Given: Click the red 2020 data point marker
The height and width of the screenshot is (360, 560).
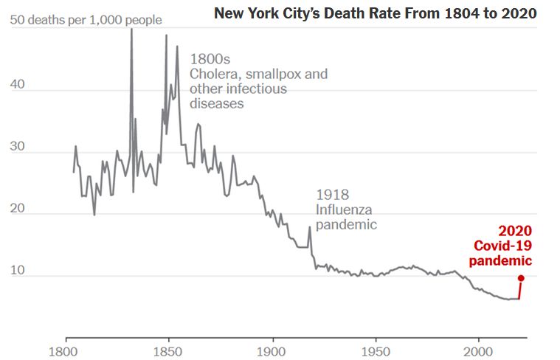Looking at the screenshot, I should coord(521,278).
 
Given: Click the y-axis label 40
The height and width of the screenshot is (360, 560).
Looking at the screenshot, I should coord(16,84).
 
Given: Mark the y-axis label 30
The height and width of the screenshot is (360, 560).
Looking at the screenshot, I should coord(16,146).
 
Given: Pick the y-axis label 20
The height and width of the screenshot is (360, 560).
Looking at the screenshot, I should coord(16,209).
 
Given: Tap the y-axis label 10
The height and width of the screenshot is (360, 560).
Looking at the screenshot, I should coord(16,271).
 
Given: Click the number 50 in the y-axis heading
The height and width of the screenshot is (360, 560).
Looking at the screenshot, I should coord(16,19).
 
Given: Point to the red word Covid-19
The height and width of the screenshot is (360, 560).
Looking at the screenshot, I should coord(502,246).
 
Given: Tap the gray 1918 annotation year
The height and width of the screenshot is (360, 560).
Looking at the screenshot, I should coord(332,195).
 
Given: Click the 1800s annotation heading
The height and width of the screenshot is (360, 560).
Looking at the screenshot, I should coord(210,59).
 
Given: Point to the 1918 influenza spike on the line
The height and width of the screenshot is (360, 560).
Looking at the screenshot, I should coord(309,227).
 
